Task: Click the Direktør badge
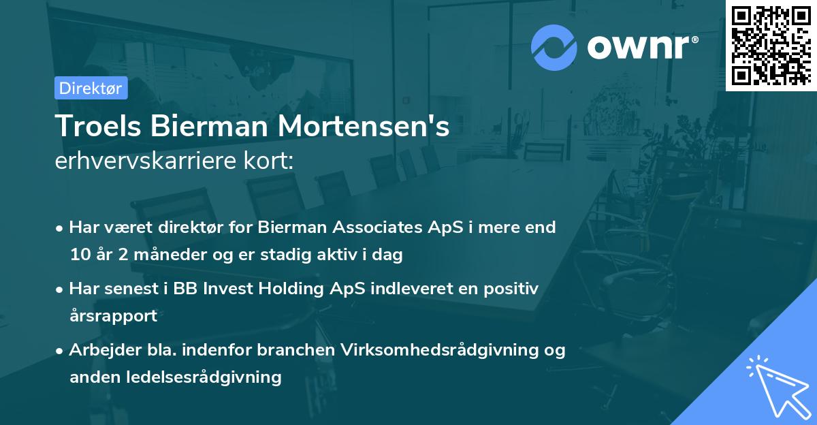pos(91,88)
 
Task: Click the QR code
pos(771,45)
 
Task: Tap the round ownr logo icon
pos(554,48)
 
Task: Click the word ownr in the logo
pos(641,48)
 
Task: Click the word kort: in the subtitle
pos(270,161)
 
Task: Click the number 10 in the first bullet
pos(79,255)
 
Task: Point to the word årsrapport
pos(113,316)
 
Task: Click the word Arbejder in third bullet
pos(99,350)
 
